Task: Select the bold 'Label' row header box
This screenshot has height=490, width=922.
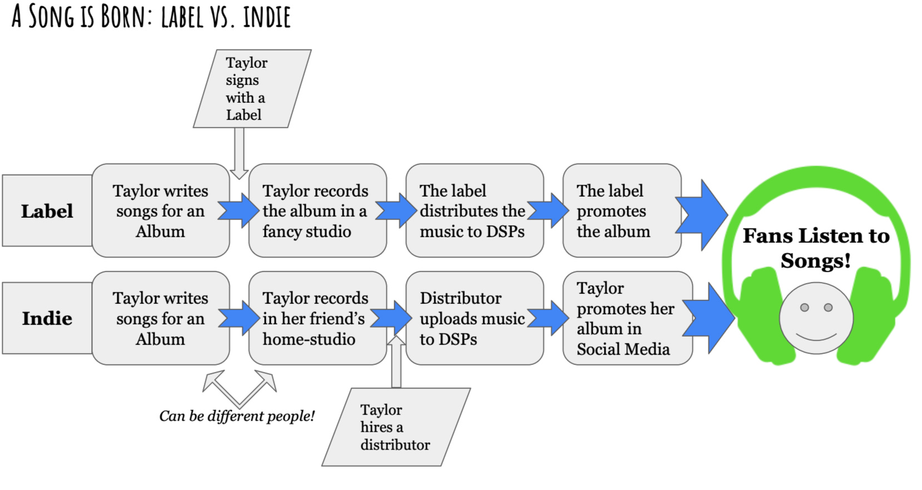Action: pyautogui.click(x=47, y=211)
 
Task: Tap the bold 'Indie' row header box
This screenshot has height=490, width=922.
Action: pyautogui.click(x=47, y=318)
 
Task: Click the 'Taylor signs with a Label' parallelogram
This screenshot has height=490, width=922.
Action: pyautogui.click(x=251, y=89)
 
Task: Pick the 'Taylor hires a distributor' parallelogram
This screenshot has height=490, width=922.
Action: pyautogui.click(x=395, y=427)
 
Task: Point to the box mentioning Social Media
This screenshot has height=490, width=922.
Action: pyautogui.click(x=626, y=318)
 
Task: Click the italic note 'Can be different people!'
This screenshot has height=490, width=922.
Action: pyautogui.click(x=237, y=416)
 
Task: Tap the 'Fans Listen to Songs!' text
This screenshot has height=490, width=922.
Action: pyautogui.click(x=816, y=248)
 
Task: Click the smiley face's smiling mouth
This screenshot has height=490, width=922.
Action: pyautogui.click(x=816, y=336)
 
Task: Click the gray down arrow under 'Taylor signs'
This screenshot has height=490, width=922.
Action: pyautogui.click(x=239, y=153)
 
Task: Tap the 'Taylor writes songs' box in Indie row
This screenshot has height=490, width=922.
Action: pyautogui.click(x=160, y=318)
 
